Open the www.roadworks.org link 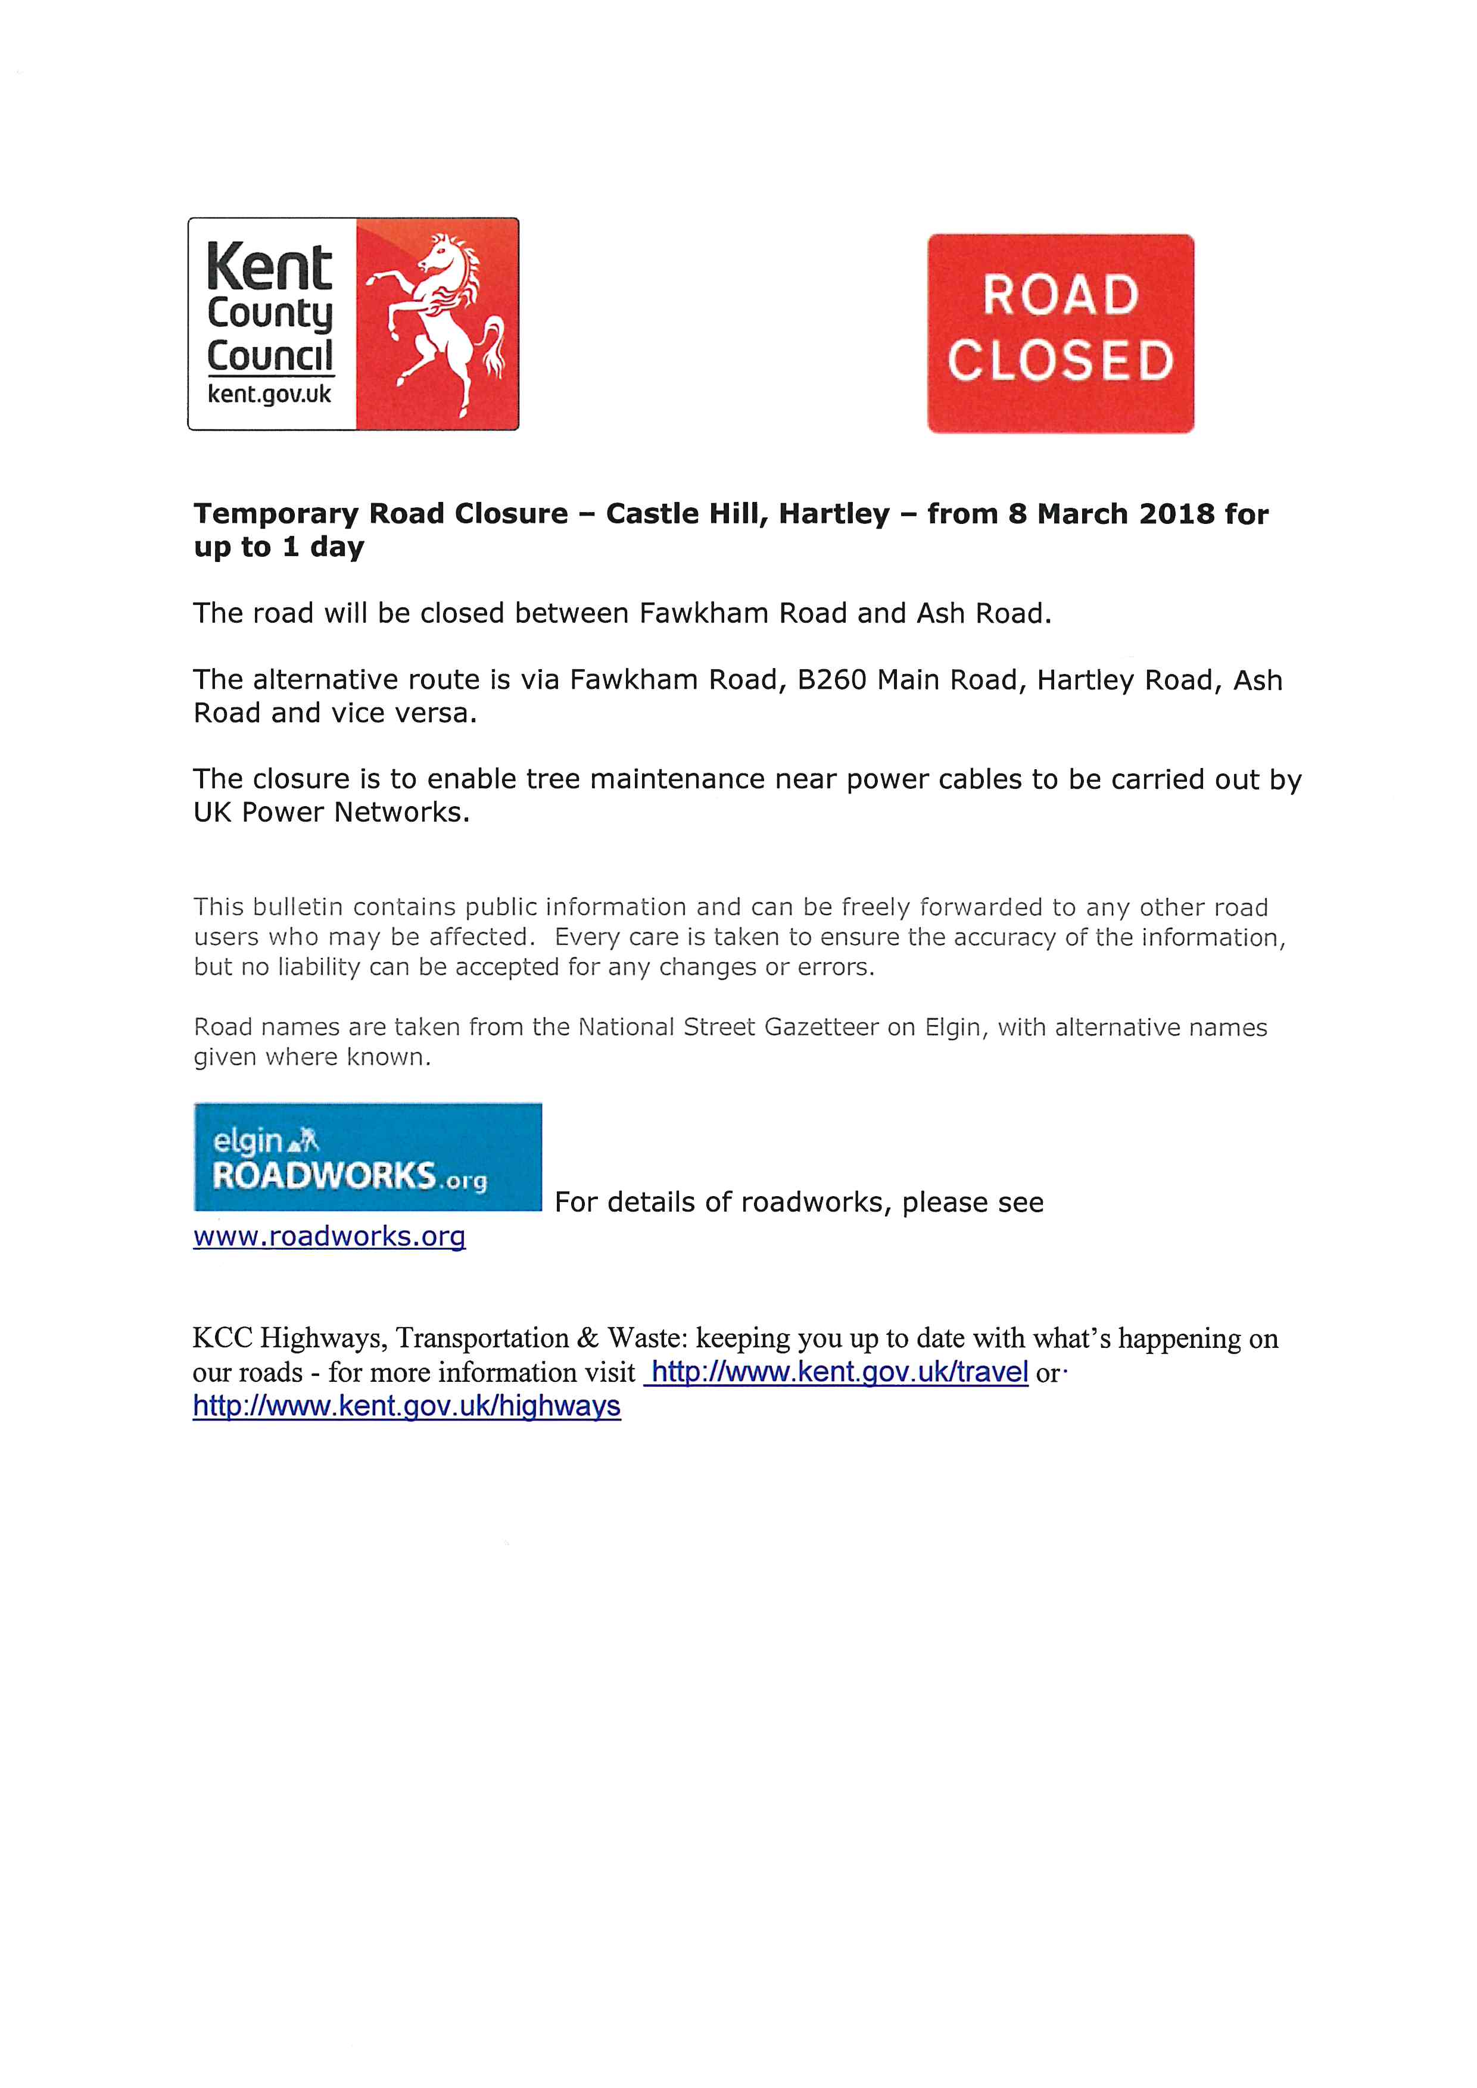(x=329, y=1236)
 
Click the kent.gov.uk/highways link (x=407, y=1406)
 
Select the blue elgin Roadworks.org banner (x=367, y=1157)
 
